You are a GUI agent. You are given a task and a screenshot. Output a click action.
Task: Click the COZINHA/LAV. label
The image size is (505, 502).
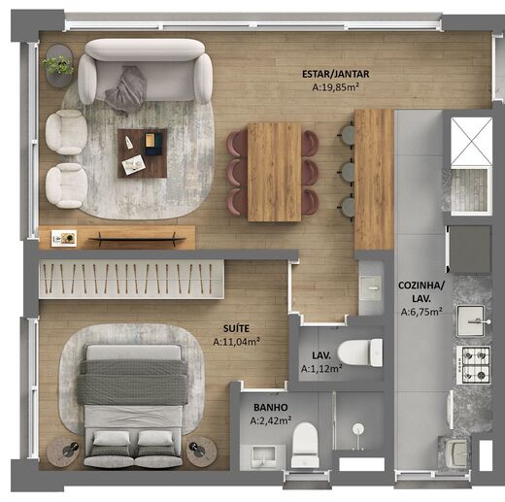[x=421, y=292]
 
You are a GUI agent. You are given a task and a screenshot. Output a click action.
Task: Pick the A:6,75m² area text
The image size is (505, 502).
[x=421, y=313]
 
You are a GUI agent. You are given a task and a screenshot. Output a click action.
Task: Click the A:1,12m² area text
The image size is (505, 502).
[x=320, y=369]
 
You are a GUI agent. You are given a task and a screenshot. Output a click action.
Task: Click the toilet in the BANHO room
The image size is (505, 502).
[x=305, y=445]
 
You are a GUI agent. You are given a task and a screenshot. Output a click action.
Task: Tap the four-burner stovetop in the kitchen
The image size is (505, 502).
[x=474, y=363]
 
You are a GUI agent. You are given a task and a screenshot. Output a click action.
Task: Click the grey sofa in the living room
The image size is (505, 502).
[x=146, y=73]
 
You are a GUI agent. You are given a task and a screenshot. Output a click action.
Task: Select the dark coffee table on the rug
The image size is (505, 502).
[x=142, y=152]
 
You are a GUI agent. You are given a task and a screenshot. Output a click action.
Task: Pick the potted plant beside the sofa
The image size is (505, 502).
[x=58, y=66]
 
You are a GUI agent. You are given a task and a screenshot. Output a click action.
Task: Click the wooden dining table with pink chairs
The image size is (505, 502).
[x=274, y=171]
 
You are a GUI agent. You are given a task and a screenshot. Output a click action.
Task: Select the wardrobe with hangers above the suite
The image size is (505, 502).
[x=131, y=278]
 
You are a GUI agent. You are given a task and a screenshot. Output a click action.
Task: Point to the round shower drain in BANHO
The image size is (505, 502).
[x=357, y=428]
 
